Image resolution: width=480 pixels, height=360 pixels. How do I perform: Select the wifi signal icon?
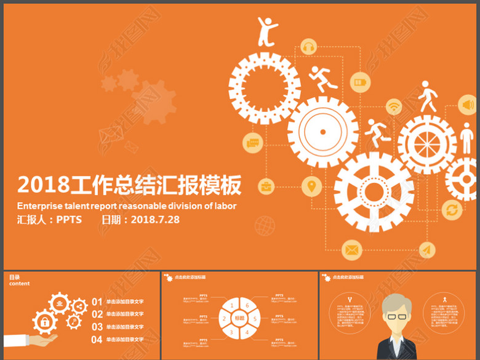point(393,107)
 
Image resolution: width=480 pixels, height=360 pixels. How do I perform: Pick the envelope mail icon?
point(351,250)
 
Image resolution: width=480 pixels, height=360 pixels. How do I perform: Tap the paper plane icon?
point(427,250)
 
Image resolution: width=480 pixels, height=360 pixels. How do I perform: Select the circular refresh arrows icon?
point(452,210)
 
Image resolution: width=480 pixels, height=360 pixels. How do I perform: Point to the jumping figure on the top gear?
point(266,31)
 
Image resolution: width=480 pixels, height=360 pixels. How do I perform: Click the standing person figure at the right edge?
point(468,140)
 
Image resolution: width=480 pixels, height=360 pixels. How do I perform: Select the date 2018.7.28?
point(155,219)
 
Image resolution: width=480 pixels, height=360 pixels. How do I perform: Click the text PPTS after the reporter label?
point(70,219)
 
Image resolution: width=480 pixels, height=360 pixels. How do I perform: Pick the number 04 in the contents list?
point(97,339)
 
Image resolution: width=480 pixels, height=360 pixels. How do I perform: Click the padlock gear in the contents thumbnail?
point(45,321)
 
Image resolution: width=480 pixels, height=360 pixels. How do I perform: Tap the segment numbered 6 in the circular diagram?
point(247,305)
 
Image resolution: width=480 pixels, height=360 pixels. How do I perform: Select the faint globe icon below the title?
point(265,225)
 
